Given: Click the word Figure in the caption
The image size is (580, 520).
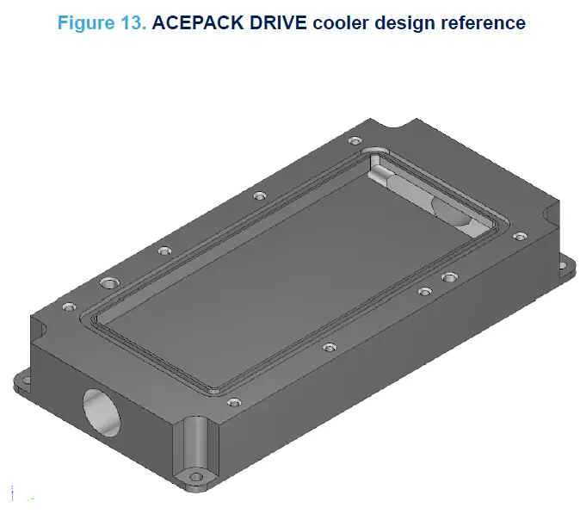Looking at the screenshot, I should pyautogui.click(x=85, y=22).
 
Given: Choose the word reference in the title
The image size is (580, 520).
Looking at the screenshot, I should pyautogui.click(x=482, y=22).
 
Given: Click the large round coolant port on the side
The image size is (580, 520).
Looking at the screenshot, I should pyautogui.click(x=102, y=412).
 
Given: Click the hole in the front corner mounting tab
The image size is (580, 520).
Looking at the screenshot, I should pyautogui.click(x=196, y=474).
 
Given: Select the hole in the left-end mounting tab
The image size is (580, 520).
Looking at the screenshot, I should pyautogui.click(x=26, y=379).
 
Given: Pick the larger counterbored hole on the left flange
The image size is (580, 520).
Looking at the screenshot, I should pyautogui.click(x=108, y=282).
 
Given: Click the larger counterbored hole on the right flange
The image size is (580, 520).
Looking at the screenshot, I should pyautogui.click(x=449, y=277).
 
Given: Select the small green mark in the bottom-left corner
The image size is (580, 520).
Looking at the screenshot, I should pyautogui.click(x=31, y=498).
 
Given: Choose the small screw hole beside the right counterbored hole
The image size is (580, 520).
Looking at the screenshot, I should pyautogui.click(x=423, y=292).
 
